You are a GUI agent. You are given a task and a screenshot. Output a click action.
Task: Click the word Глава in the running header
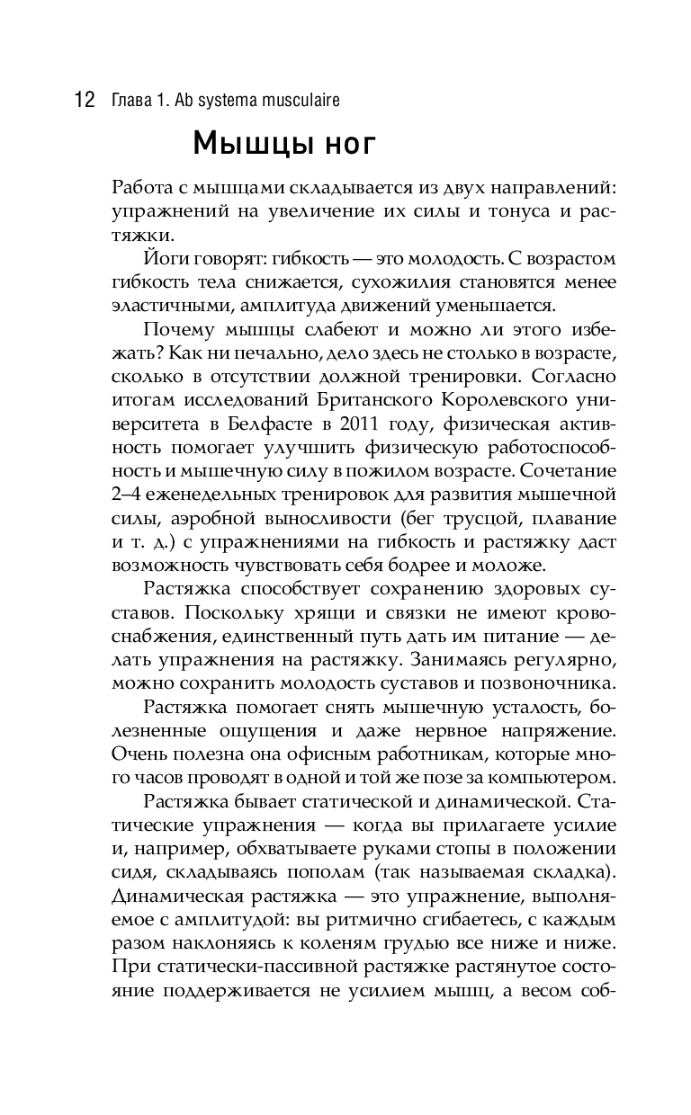131,100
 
